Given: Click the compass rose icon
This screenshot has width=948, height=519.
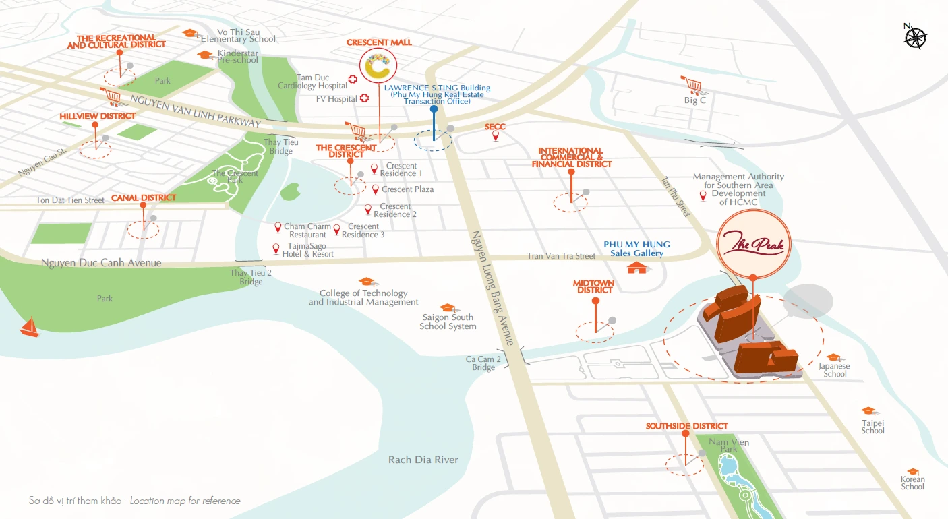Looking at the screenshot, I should pyautogui.click(x=915, y=36).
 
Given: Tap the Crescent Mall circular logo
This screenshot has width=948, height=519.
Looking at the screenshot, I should pyautogui.click(x=378, y=66).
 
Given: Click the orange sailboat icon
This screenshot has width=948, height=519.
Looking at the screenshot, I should pyautogui.click(x=29, y=328).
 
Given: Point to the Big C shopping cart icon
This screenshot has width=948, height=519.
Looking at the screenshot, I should pyautogui.click(x=691, y=85).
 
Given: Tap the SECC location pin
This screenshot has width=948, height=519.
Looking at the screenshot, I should pyautogui.click(x=496, y=136).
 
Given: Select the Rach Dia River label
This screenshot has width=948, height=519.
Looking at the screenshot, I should pyautogui.click(x=423, y=460).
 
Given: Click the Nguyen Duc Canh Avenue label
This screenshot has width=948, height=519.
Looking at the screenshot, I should pyautogui.click(x=101, y=263).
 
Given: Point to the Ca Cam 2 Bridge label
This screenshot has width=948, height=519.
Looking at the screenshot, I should pyautogui.click(x=483, y=363).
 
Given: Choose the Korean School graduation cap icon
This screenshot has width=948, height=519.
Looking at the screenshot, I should pyautogui.click(x=913, y=472).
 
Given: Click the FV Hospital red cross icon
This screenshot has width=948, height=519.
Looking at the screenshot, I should pyautogui.click(x=365, y=98).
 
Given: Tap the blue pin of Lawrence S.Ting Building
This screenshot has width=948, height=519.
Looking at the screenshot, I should pyautogui.click(x=434, y=109).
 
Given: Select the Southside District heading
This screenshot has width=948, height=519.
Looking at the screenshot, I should pyautogui.click(x=686, y=426).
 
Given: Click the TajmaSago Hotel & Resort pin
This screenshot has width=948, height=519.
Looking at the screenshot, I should pyautogui.click(x=276, y=249).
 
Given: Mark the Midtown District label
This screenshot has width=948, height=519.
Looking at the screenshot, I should pyautogui.click(x=594, y=286).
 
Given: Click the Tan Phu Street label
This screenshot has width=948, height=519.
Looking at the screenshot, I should pyautogui.click(x=675, y=197).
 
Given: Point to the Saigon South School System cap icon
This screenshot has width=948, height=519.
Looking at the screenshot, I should pyautogui.click(x=446, y=308).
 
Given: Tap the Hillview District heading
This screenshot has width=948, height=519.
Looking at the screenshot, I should pyautogui.click(x=97, y=116).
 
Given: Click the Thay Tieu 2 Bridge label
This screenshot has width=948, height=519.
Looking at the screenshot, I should pyautogui.click(x=251, y=277).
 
